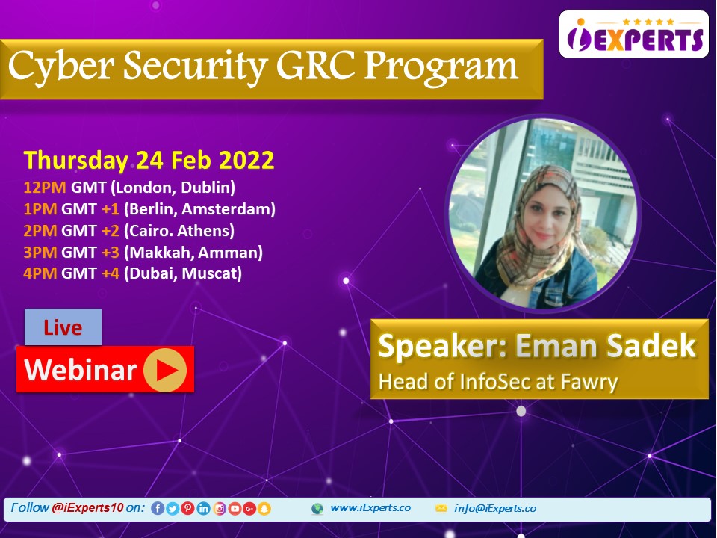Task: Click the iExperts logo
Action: click(x=634, y=34)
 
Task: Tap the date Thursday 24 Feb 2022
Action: click(x=149, y=161)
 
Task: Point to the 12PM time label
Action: click(x=45, y=187)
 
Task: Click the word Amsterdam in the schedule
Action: click(x=229, y=209)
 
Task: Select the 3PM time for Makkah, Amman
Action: click(x=40, y=252)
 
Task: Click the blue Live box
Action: click(x=63, y=327)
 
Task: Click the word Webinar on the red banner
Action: click(x=81, y=370)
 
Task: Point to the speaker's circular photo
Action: click(x=543, y=213)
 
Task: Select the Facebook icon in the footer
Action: click(x=158, y=508)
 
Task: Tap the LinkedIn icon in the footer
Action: click(x=203, y=508)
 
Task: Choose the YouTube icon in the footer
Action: click(x=235, y=508)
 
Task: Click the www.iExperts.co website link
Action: click(x=370, y=508)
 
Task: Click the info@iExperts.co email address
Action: click(x=494, y=508)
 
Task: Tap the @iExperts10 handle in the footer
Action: click(x=87, y=507)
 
